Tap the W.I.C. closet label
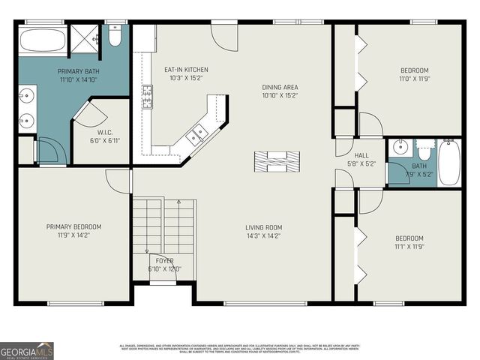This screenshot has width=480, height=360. (104, 136)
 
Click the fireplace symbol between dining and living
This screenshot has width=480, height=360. (277, 160)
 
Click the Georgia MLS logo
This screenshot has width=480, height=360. (26, 350)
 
